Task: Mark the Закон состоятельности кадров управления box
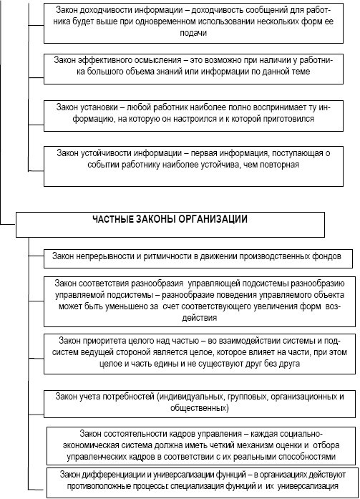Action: click(200, 445)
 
